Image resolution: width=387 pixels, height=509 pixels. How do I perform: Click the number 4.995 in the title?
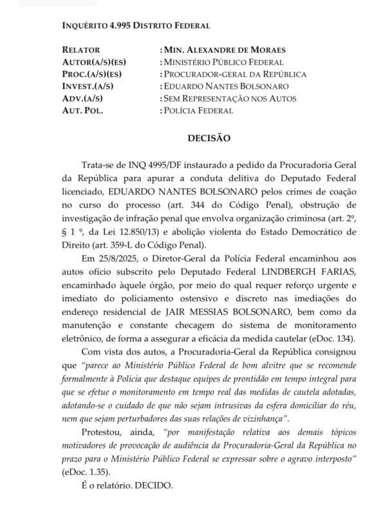(x=115, y=25)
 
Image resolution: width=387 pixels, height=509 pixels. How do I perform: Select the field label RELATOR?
(x=82, y=50)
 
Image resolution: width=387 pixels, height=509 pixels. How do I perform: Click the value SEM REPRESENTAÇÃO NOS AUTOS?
(x=229, y=98)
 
